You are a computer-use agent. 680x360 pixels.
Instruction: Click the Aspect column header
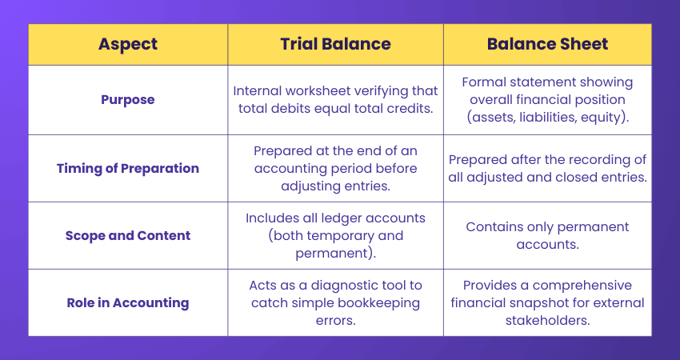click(x=127, y=44)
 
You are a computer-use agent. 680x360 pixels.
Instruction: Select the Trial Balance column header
click(x=335, y=44)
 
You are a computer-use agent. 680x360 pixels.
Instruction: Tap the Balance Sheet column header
click(x=546, y=44)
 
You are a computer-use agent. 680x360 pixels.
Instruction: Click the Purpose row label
click(x=127, y=100)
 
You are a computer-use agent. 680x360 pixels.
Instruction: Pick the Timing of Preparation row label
click(x=127, y=168)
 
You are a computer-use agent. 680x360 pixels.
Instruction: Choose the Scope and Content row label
click(x=127, y=235)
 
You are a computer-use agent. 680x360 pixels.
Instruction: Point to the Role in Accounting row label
click(x=127, y=302)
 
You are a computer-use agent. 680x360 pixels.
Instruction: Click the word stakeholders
click(x=547, y=320)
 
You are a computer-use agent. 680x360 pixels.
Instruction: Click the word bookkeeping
click(x=374, y=303)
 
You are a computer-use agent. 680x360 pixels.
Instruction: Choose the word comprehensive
click(x=570, y=286)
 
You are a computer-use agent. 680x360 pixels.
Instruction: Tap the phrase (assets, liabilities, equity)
click(x=547, y=118)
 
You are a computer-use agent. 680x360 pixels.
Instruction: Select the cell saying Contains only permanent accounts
click(x=547, y=235)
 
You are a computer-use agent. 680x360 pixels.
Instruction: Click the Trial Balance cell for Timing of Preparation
click(x=335, y=168)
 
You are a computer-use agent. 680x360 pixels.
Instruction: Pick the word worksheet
click(x=320, y=90)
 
